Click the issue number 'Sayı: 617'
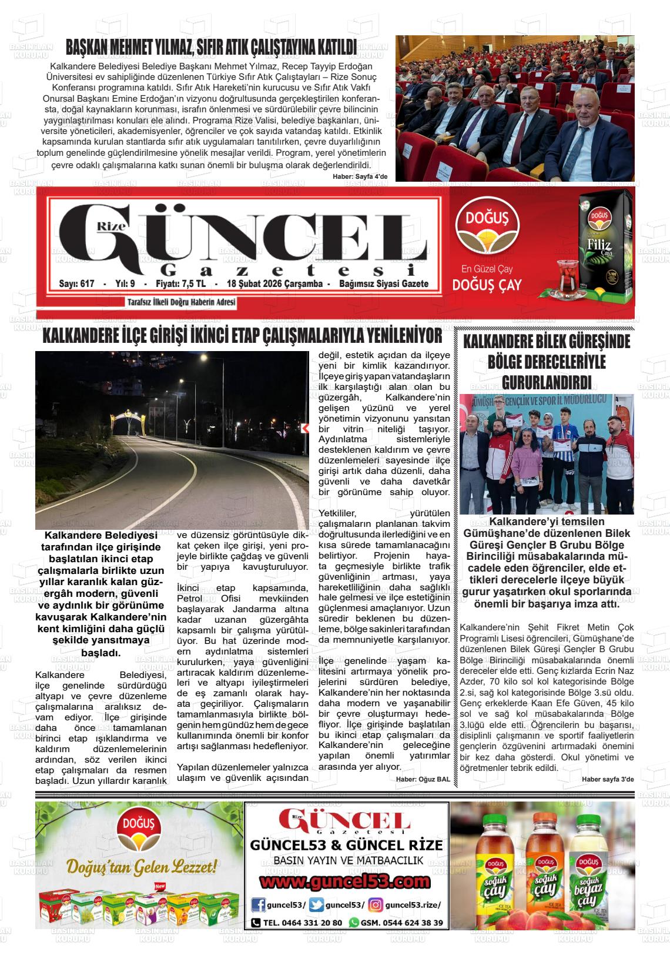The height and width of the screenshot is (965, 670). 77,284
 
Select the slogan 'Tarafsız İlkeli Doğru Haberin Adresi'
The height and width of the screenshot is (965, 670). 181,302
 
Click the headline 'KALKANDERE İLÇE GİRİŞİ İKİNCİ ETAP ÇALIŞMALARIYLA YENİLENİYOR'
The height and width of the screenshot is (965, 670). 242,336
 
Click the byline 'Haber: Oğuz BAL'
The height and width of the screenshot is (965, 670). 423,779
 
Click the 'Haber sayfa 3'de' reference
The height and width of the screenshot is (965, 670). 608,779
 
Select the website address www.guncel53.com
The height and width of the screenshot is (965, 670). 346,882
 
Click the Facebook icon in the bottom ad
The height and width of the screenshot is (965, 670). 257,905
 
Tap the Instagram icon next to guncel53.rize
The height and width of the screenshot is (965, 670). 376,905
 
